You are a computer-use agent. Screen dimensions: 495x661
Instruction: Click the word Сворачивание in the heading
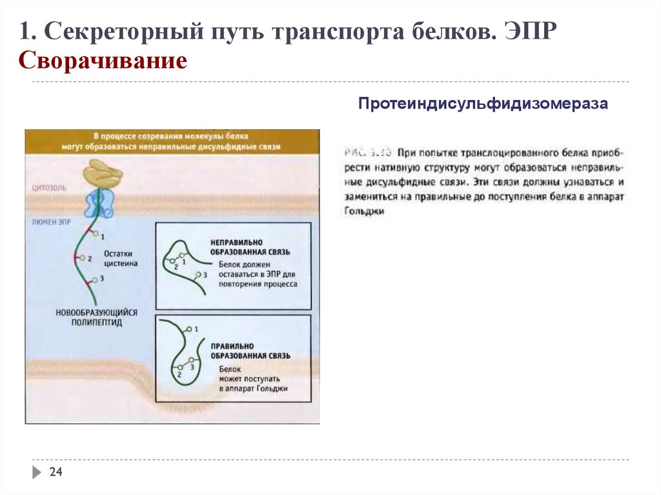(103, 61)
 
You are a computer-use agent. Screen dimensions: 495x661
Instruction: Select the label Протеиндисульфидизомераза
(483, 104)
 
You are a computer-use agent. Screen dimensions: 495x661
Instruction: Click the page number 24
(56, 474)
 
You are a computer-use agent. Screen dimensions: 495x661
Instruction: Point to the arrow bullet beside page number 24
(37, 473)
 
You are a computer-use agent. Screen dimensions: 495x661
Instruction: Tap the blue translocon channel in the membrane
(99, 203)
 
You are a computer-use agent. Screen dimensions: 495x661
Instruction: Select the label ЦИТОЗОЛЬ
(49, 188)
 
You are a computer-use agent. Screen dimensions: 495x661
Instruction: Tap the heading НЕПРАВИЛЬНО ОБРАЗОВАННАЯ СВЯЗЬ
(250, 246)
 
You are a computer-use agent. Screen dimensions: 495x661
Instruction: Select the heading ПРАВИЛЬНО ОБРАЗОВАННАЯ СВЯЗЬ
(250, 351)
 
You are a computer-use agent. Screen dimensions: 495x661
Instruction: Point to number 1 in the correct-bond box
(196, 329)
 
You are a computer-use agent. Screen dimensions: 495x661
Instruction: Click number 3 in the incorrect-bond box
(205, 275)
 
